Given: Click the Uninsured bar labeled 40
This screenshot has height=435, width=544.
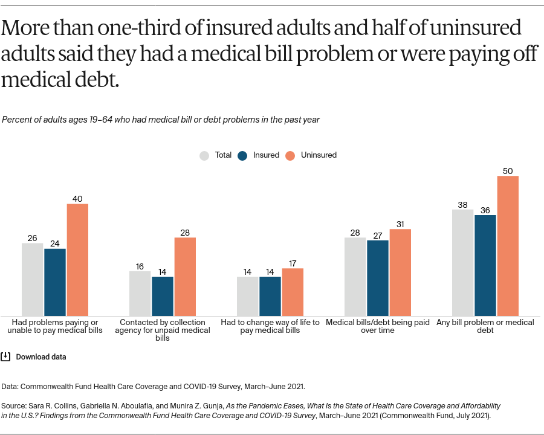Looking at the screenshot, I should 77,260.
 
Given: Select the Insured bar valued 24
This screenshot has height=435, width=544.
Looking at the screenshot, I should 55,282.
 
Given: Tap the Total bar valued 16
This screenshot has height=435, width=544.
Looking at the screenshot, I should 140,294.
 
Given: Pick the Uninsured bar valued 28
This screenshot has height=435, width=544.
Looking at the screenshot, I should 185,277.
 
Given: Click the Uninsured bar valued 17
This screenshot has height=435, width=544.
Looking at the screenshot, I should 293,292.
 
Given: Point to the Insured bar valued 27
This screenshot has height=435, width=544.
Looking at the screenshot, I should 378,278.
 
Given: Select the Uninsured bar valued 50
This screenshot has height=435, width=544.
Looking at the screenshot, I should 508,246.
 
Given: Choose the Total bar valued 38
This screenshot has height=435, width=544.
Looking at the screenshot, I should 462,263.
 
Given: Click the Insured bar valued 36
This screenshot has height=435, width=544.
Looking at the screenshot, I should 485,265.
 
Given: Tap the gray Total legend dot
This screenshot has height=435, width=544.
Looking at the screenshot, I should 204,155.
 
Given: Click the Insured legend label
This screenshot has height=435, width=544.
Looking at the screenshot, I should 266,155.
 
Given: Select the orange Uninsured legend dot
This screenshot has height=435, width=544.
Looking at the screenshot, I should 290,155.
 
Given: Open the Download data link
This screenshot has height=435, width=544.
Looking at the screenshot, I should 41,357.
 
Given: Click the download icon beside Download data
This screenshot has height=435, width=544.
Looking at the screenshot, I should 5,356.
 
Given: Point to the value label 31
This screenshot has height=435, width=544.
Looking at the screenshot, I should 400,224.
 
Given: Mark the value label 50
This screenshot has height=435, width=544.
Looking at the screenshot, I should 508,171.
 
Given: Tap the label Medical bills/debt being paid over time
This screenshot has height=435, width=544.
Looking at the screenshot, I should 378,326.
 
